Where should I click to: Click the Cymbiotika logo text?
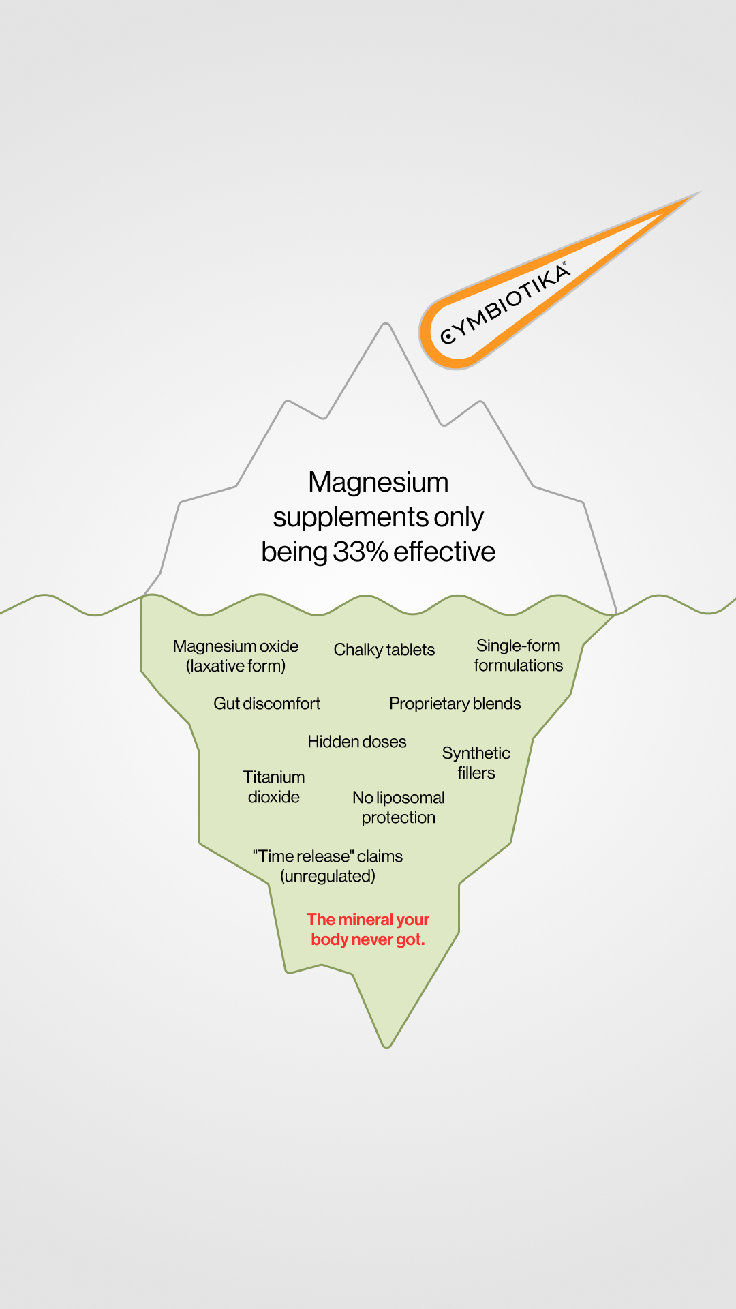505,303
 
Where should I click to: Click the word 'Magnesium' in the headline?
378,482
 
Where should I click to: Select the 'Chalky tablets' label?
384,650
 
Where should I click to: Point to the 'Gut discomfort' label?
266,704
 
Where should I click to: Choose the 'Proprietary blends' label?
455,704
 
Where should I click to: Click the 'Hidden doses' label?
356,742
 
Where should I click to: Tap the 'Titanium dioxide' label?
274,787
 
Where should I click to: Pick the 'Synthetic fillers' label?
476,763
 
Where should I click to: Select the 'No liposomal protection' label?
398,807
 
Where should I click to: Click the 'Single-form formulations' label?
519,655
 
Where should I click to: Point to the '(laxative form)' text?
236,666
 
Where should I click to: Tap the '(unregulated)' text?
328,876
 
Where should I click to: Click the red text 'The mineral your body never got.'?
368,929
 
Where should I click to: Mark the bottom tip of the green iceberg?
386,1047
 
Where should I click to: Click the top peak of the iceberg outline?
386,325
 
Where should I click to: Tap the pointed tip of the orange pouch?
699,193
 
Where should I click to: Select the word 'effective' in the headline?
444,552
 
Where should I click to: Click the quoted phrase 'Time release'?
304,856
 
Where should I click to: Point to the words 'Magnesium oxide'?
236,646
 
